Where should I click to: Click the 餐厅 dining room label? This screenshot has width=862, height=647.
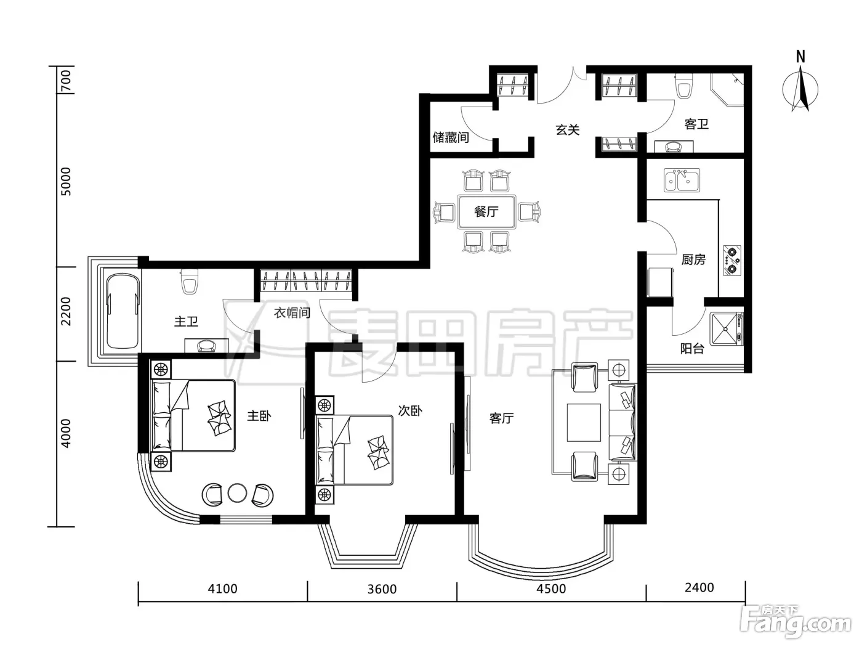click(x=486, y=212)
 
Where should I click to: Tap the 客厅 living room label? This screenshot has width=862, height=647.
click(x=501, y=418)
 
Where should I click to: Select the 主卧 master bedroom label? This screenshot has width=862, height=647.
click(x=259, y=415)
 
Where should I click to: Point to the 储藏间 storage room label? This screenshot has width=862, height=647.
click(x=451, y=137)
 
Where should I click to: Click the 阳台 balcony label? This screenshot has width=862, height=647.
click(x=692, y=349)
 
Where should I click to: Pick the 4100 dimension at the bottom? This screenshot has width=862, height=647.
click(x=223, y=589)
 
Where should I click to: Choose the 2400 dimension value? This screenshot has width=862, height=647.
click(x=699, y=588)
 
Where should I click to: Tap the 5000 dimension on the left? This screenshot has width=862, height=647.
click(x=66, y=182)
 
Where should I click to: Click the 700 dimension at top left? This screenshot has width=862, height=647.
click(x=66, y=81)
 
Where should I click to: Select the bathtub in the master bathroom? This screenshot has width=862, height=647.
click(x=123, y=312)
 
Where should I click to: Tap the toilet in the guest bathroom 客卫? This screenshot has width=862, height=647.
click(x=684, y=86)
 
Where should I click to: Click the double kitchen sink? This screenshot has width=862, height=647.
click(x=682, y=181)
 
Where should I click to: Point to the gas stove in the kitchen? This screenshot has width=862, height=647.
click(x=732, y=261)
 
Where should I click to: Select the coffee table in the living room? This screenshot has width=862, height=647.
click(x=584, y=422)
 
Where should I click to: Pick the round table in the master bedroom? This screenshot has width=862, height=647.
click(x=237, y=493)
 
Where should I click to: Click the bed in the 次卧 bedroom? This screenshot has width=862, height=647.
click(x=355, y=450)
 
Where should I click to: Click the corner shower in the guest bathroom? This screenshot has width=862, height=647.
click(x=727, y=89)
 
